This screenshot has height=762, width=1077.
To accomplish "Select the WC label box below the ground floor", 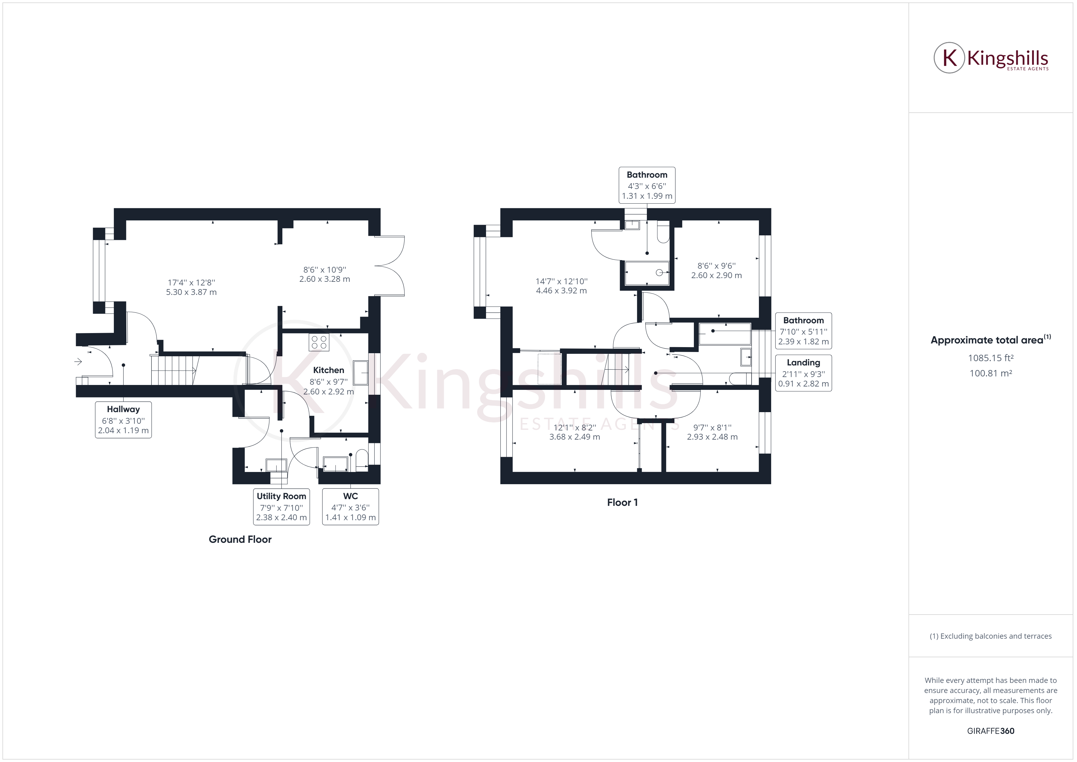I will coord(350,507).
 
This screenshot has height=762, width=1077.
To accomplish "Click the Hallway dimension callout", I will coord(123,420).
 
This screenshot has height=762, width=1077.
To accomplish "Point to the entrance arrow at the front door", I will coord(78,361).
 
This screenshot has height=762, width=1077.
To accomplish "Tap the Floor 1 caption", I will coord(622,503).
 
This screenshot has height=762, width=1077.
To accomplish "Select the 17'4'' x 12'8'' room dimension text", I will coord(191,287).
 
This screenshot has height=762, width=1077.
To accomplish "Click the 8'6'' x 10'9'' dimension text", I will coord(325,274).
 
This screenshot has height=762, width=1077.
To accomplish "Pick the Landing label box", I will coord(803,373).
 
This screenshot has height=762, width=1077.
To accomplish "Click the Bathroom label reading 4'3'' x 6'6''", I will coord(647,185).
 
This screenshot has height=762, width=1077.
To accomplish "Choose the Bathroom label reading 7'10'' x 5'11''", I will coord(803,331).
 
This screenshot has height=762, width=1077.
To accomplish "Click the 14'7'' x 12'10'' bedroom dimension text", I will coord(561,286).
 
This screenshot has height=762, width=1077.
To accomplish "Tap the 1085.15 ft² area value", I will coord(991,358).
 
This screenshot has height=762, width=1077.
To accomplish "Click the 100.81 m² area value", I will coord(991,373).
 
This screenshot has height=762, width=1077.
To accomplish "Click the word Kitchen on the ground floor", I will coord(328,370).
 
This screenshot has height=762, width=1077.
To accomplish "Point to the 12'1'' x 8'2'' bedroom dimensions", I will coord(575,432).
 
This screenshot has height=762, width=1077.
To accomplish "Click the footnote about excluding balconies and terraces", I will coord(991,636).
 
